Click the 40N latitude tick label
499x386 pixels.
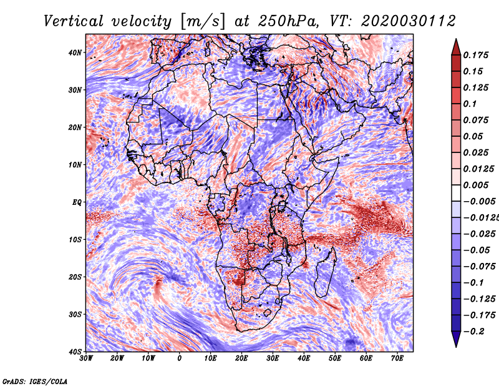tap(75, 52)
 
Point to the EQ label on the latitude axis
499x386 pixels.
tap(77, 202)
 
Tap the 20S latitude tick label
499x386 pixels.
tap(75, 277)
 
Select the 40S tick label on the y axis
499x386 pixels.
tap(75, 352)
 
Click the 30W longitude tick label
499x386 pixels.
tap(86, 359)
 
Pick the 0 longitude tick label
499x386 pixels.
tap(180, 359)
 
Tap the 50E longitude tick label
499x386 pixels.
tap(335, 359)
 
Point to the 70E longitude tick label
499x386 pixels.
tap(397, 359)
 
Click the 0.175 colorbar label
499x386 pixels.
tap(476, 56)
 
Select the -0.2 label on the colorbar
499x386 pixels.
tap(474, 332)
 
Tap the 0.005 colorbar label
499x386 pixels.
tap(476, 185)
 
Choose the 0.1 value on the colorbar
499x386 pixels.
tap(470, 104)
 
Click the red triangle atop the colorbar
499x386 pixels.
tap(456, 47)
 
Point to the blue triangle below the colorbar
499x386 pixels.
tap(456, 339)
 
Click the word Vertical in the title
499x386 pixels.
tap(74, 21)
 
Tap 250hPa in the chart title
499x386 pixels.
tap(288, 21)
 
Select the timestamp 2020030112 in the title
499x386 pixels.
tap(409, 21)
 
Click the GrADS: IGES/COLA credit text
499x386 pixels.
tap(35, 381)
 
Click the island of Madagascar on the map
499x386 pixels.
tap(324, 274)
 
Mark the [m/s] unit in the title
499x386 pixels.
tap(203, 22)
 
